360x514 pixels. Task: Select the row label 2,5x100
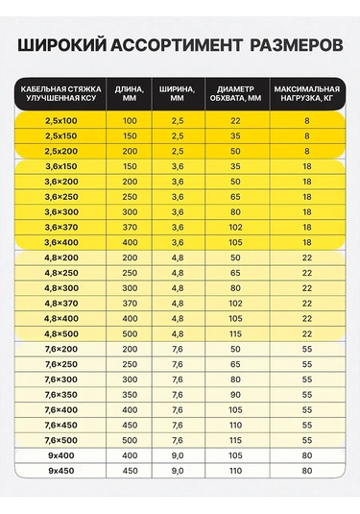click(x=61, y=120)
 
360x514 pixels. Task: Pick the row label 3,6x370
click(x=61, y=227)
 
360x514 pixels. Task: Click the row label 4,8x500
click(x=61, y=333)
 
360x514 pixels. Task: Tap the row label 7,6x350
click(x=61, y=394)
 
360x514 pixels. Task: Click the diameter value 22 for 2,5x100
click(x=235, y=120)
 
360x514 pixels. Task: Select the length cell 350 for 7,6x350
click(x=130, y=394)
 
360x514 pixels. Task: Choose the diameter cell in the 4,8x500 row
click(x=235, y=333)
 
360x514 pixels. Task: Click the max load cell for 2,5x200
click(x=306, y=151)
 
